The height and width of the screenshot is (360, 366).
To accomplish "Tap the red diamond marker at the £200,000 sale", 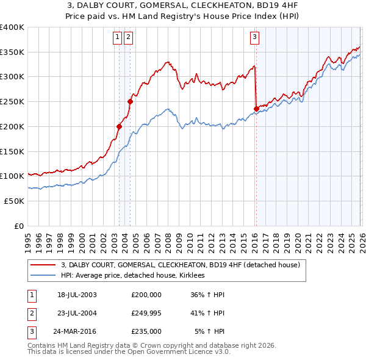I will (120, 126).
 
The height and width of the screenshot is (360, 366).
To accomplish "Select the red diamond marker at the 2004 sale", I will (130, 102).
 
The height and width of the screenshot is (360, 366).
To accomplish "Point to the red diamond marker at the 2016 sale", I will (256, 109).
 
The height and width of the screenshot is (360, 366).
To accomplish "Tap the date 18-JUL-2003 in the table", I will (77, 295).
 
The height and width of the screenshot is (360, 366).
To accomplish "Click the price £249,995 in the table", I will (146, 313).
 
